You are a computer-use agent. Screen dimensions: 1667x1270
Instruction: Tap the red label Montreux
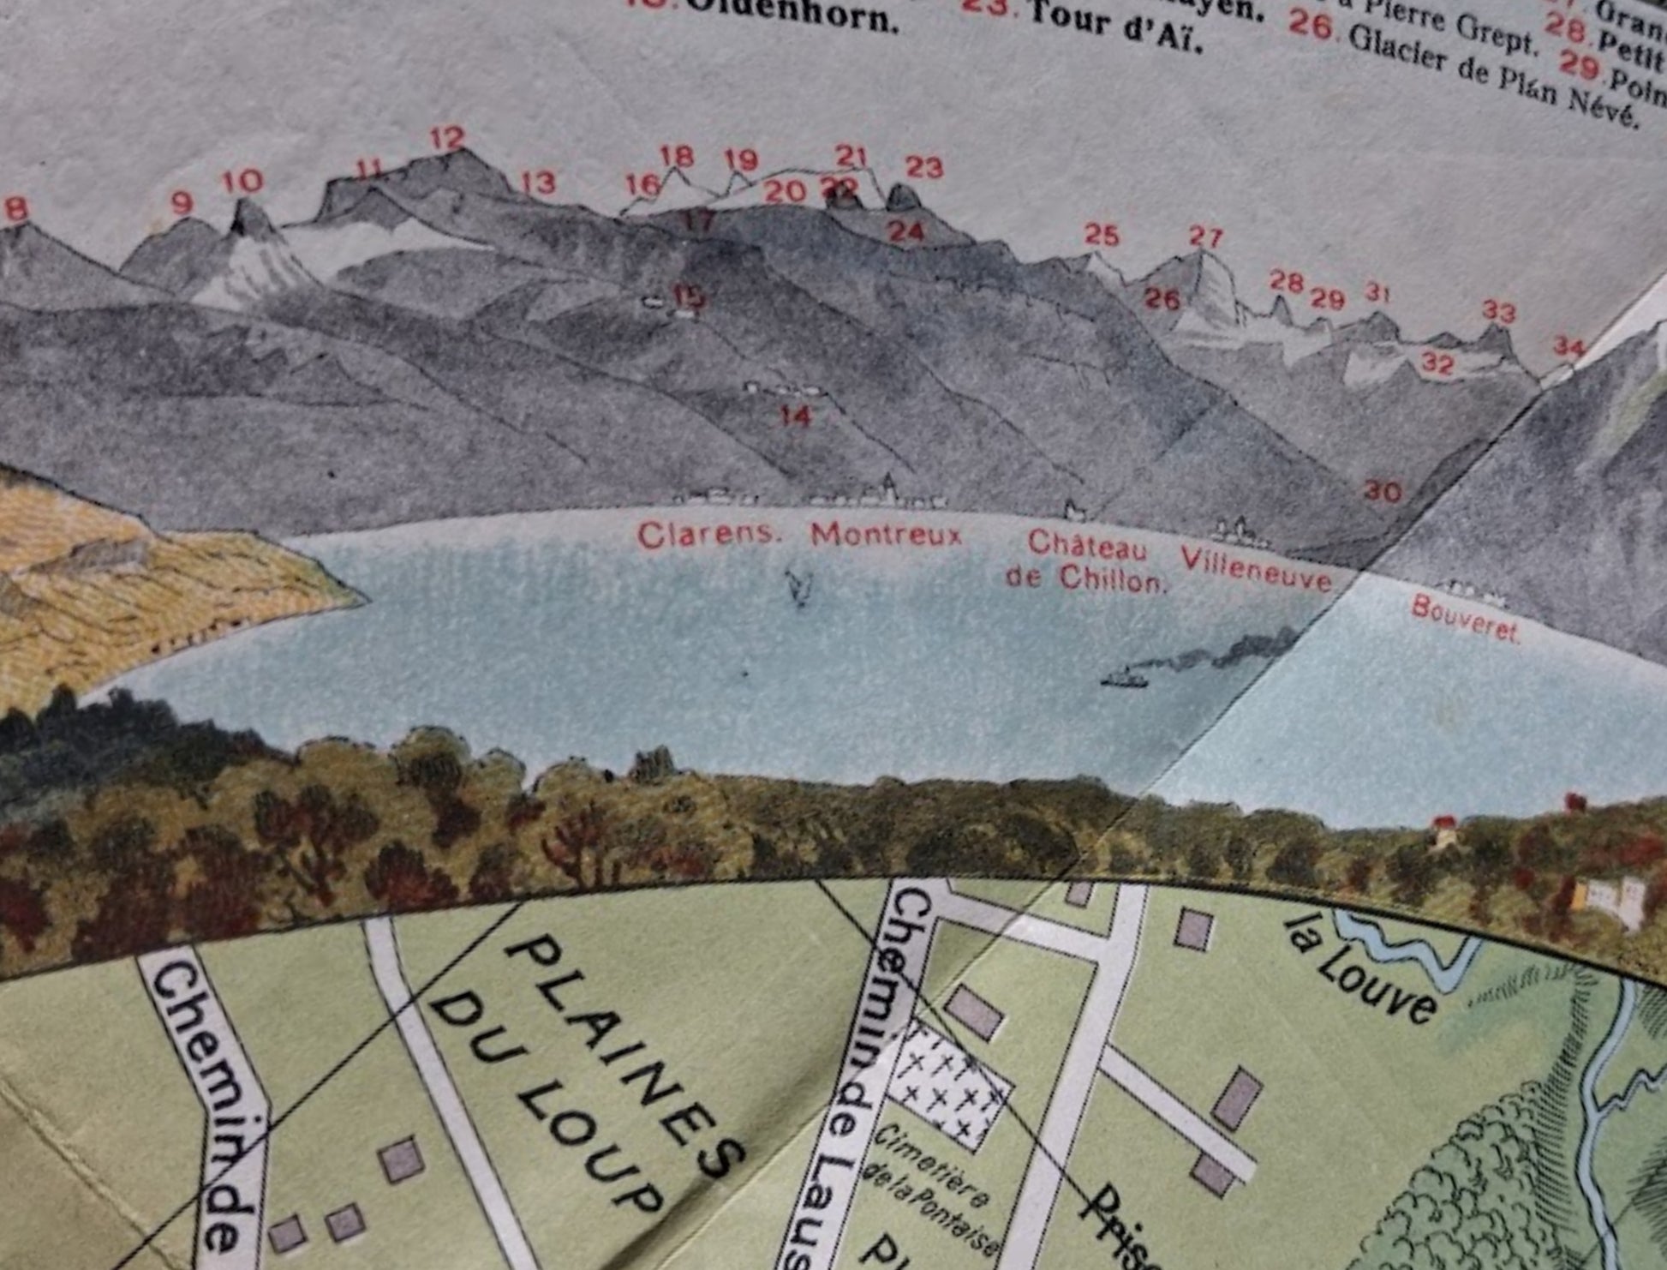point(887,535)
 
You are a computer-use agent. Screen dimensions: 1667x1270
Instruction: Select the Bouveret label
point(1465,619)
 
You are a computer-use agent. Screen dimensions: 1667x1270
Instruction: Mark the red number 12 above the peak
point(447,138)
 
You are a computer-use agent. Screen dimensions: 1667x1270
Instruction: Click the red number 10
point(242,182)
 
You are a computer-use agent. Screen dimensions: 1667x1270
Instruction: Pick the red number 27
point(1205,237)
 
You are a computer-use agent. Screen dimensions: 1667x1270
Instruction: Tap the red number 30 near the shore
point(1382,491)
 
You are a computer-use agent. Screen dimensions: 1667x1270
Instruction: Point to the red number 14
point(795,416)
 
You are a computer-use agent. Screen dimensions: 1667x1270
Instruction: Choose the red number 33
point(1498,311)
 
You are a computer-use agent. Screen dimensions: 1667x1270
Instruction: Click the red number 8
point(16,208)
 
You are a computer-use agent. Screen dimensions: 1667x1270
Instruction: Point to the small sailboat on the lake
point(800,588)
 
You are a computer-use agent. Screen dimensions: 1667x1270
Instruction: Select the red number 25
point(1101,234)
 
